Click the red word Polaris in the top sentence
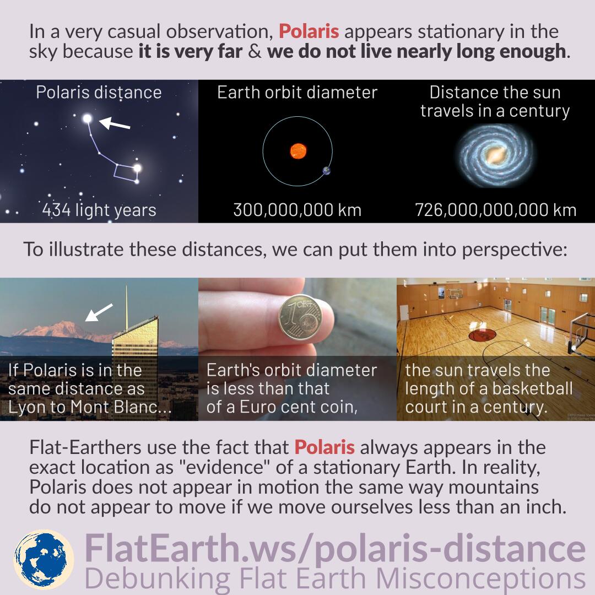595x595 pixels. tap(309, 31)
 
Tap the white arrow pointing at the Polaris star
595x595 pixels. tap(115, 123)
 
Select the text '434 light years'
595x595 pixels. tap(99, 210)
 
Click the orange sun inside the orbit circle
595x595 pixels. tap(298, 151)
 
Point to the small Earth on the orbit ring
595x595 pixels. tap(326, 171)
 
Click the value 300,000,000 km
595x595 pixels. tap(297, 210)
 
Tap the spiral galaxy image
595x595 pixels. tap(494, 155)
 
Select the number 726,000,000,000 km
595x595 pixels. tap(496, 210)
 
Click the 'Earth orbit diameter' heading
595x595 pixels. tap(297, 93)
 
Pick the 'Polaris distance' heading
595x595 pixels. tap(99, 93)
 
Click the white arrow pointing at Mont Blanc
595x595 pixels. tap(99, 312)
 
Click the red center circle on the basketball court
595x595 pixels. tap(482, 335)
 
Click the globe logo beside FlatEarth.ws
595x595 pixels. tap(44, 559)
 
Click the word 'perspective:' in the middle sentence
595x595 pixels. tap(514, 250)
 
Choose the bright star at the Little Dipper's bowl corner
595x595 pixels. tap(137, 167)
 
